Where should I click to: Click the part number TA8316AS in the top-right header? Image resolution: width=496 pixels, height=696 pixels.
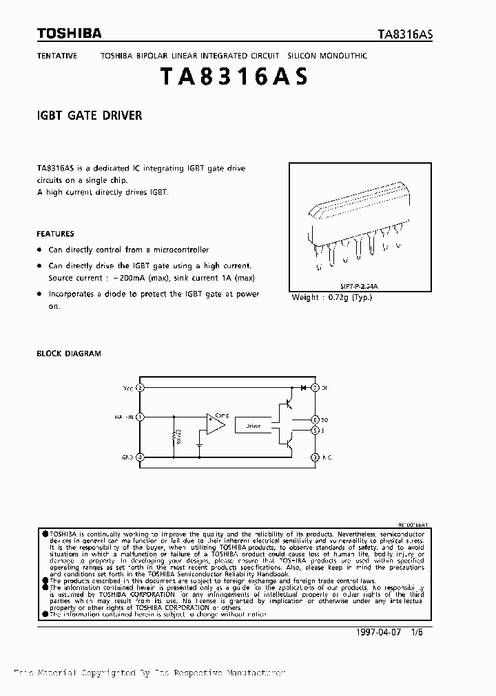click(x=405, y=35)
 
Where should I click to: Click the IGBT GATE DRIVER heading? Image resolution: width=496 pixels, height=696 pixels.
click(x=90, y=116)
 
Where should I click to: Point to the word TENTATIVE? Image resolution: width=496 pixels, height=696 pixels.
click(x=56, y=55)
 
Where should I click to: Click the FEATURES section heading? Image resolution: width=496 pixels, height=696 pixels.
click(x=55, y=234)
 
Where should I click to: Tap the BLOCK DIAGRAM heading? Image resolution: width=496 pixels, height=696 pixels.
click(x=68, y=354)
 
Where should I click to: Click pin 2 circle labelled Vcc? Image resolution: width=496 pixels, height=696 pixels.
click(x=141, y=388)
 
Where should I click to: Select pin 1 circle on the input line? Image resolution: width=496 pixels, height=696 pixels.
click(x=141, y=417)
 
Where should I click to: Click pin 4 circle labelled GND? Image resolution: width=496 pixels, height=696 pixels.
click(x=141, y=457)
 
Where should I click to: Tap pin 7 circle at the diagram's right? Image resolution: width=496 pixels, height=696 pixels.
click(x=315, y=388)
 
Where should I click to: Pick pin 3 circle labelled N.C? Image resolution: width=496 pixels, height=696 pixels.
click(x=315, y=457)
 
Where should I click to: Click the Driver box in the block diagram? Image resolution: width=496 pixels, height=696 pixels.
click(x=254, y=426)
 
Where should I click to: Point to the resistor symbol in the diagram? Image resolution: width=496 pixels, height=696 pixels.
click(x=174, y=437)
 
